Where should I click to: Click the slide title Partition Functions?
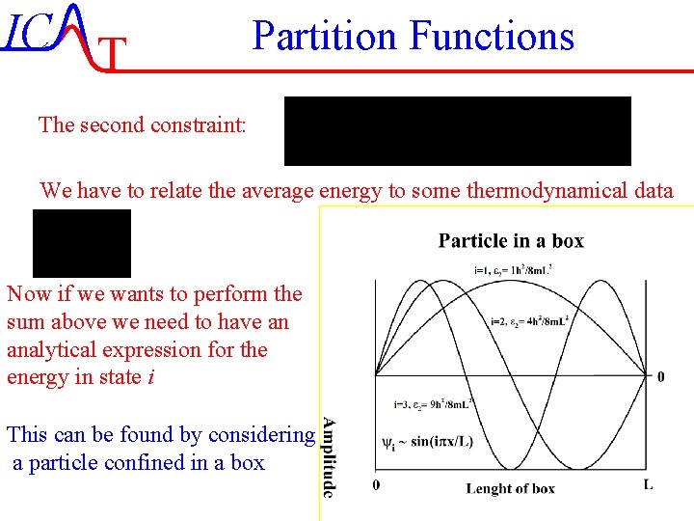[x=413, y=37]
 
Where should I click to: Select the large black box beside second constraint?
[x=457, y=131]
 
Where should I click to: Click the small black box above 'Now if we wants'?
[x=82, y=243]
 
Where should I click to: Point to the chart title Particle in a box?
[x=511, y=241]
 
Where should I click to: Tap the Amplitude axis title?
[x=330, y=457]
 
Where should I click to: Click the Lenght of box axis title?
[x=510, y=489]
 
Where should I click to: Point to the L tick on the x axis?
[x=648, y=484]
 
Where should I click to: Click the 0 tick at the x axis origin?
[x=376, y=484]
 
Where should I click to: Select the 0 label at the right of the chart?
[x=659, y=376]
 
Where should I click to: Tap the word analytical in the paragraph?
[x=49, y=349]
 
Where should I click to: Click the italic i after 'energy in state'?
[x=151, y=377]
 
